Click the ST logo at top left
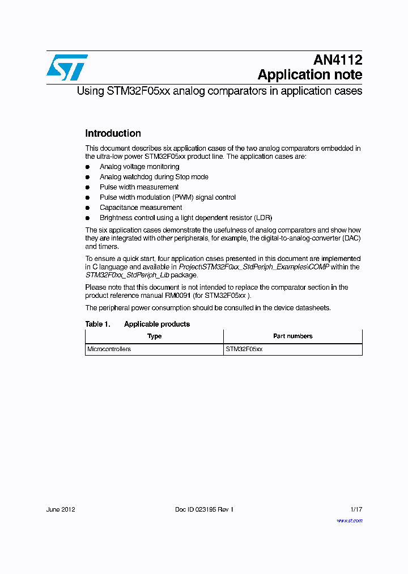pyautogui.click(x=67, y=67)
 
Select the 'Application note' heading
pyautogui.click(x=309, y=75)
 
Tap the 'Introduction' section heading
pyautogui.click(x=113, y=134)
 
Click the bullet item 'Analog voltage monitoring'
pyautogui.click(x=139, y=167)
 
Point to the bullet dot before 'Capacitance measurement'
pyautogui.click(x=88, y=208)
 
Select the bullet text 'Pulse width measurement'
pyautogui.click(x=139, y=187)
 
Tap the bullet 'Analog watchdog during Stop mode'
pyautogui.click(x=154, y=177)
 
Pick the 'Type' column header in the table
pyautogui.click(x=154, y=336)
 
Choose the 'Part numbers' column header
pyautogui.click(x=292, y=336)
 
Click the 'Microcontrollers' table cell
pyautogui.click(x=109, y=349)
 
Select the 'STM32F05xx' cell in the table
pyautogui.click(x=244, y=349)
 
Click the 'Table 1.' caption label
pyautogui.click(x=97, y=324)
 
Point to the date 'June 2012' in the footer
pyautogui.click(x=61, y=509)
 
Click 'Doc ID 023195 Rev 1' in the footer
pyautogui.click(x=204, y=509)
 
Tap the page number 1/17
pyautogui.click(x=356, y=509)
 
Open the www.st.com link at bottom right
pyautogui.click(x=349, y=521)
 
